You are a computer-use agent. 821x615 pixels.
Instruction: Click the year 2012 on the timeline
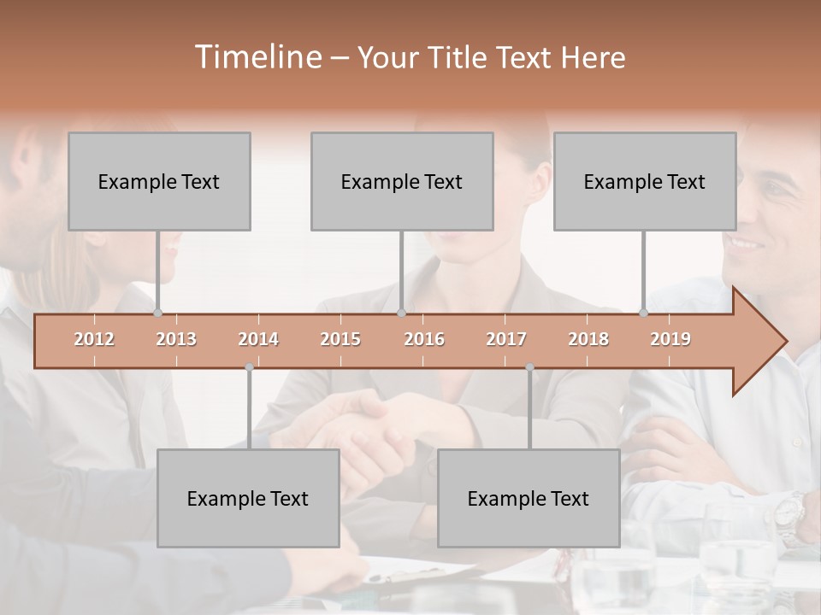point(94,339)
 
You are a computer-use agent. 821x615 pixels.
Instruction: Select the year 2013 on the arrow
point(176,339)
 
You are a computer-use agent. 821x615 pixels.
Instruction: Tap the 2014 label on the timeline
point(258,339)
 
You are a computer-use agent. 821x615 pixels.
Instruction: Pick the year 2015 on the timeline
point(340,339)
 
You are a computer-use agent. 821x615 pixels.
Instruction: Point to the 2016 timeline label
point(424,339)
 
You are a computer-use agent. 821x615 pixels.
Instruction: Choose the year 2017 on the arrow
point(506,339)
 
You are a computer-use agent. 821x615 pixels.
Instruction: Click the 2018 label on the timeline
point(588,339)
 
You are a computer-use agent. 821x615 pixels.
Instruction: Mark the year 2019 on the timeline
point(670,339)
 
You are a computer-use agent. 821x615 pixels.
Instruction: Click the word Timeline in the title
point(257,57)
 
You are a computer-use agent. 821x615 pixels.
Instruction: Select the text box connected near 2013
point(159,181)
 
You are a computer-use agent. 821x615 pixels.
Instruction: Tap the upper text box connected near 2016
point(402,181)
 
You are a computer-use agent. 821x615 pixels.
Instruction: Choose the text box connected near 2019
point(645,181)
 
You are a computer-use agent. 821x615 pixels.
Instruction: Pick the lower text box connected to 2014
point(248,498)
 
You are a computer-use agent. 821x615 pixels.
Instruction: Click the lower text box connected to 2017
point(529,498)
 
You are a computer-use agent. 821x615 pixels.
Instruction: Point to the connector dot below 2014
point(249,367)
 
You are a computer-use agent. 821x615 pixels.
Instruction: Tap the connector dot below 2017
point(529,367)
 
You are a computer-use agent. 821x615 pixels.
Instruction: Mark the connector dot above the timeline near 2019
point(644,313)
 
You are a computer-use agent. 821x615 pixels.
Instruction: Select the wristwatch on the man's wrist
point(789,512)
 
